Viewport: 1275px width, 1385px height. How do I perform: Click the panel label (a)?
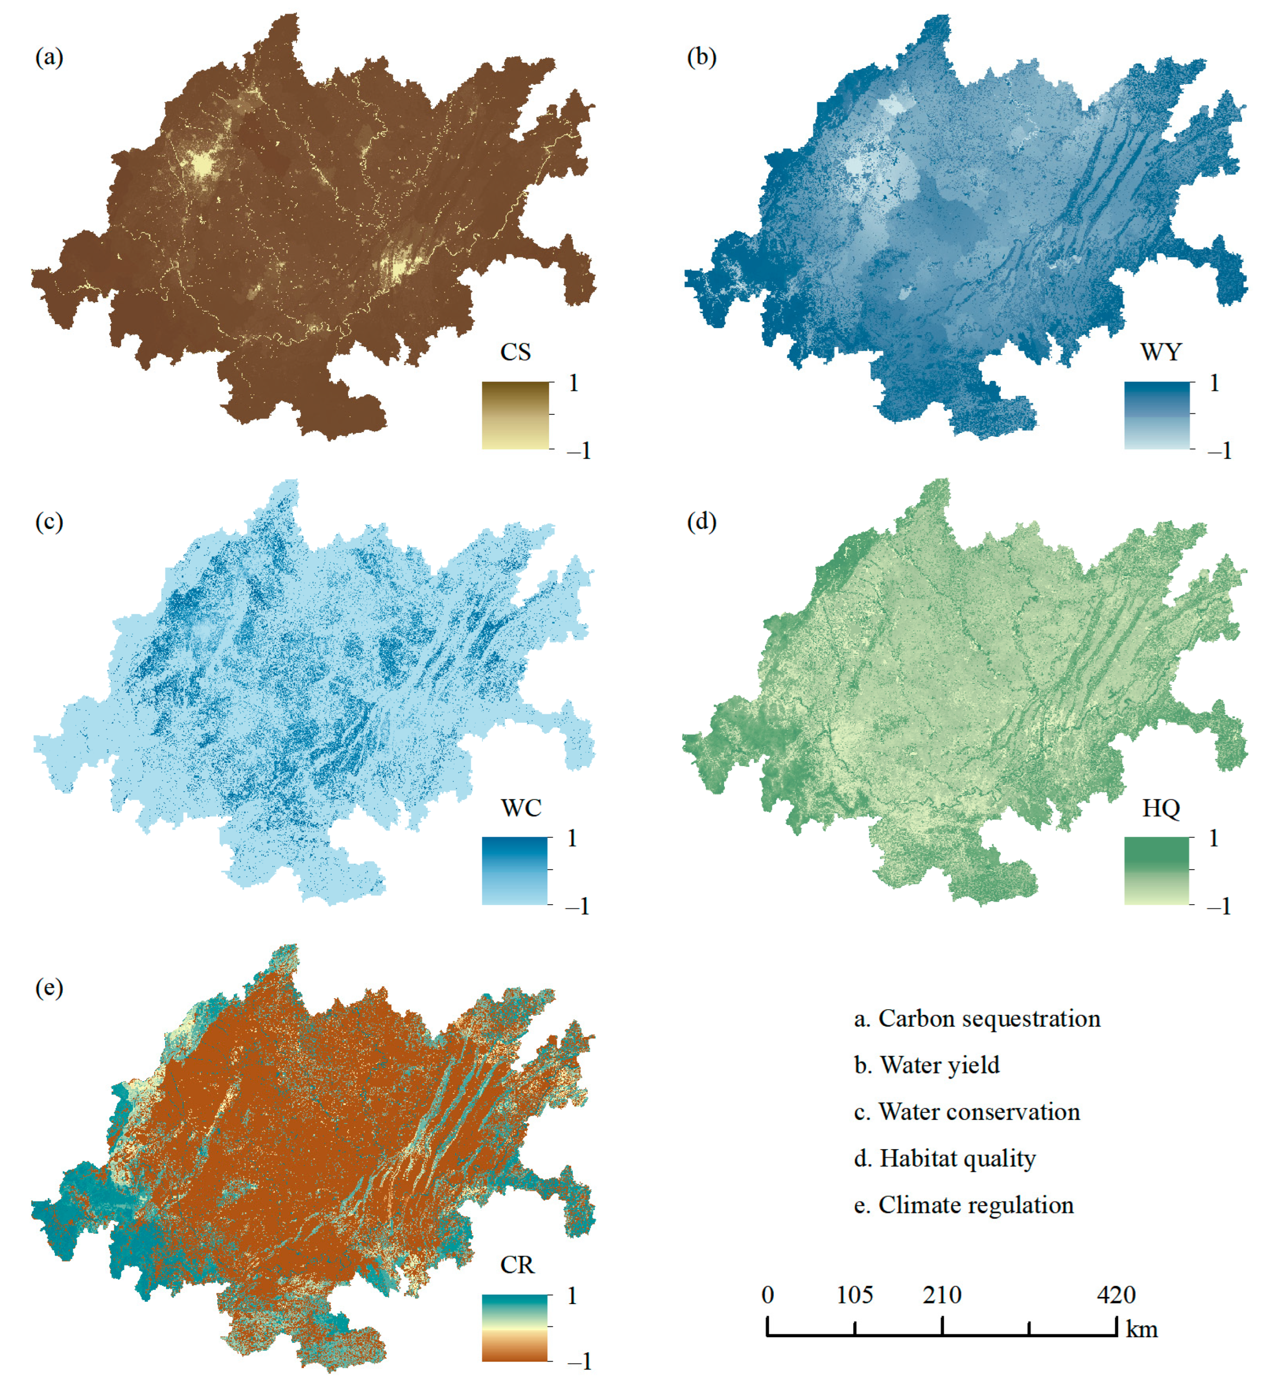click(49, 57)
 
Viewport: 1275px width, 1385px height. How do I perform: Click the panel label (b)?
click(701, 57)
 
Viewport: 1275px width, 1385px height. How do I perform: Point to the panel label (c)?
click(49, 521)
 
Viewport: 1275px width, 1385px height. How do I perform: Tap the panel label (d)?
click(701, 521)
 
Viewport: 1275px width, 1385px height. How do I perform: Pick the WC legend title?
click(521, 808)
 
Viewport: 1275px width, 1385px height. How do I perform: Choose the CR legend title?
click(517, 1265)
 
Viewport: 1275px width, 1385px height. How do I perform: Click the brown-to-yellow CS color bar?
click(515, 415)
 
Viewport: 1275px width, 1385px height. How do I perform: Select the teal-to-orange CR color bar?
click(515, 1327)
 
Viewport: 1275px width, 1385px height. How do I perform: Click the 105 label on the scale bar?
click(854, 1295)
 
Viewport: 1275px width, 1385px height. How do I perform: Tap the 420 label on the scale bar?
click(1116, 1295)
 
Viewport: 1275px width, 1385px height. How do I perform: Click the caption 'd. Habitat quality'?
click(945, 1158)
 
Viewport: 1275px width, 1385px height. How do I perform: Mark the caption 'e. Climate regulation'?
click(963, 1205)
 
